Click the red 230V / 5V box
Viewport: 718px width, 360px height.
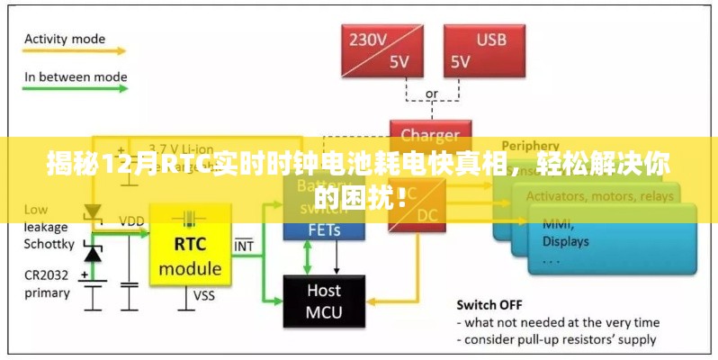click(381, 50)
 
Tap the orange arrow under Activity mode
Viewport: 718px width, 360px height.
click(71, 55)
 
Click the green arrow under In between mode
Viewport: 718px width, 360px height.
click(71, 93)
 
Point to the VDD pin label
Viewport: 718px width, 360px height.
click(131, 220)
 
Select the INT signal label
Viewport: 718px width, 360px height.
click(243, 245)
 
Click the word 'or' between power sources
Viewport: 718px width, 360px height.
click(431, 93)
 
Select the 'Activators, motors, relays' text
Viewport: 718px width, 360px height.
click(598, 195)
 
